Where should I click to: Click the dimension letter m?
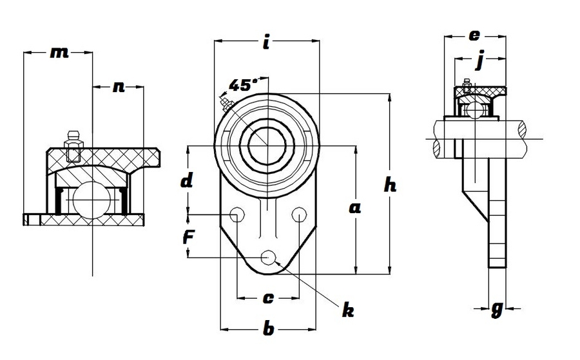tap(59, 53)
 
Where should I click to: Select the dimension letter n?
tap(118, 86)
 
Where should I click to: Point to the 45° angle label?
tap(242, 86)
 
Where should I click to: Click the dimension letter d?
tap(186, 181)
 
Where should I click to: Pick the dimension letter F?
tap(188, 237)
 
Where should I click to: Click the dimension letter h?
tap(390, 185)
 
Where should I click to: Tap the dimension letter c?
tap(269, 298)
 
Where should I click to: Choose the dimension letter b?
tap(268, 330)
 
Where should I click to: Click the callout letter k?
tap(348, 312)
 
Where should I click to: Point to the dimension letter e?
tap(474, 35)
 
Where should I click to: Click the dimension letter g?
tap(496, 310)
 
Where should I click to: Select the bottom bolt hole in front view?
tap(268, 258)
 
